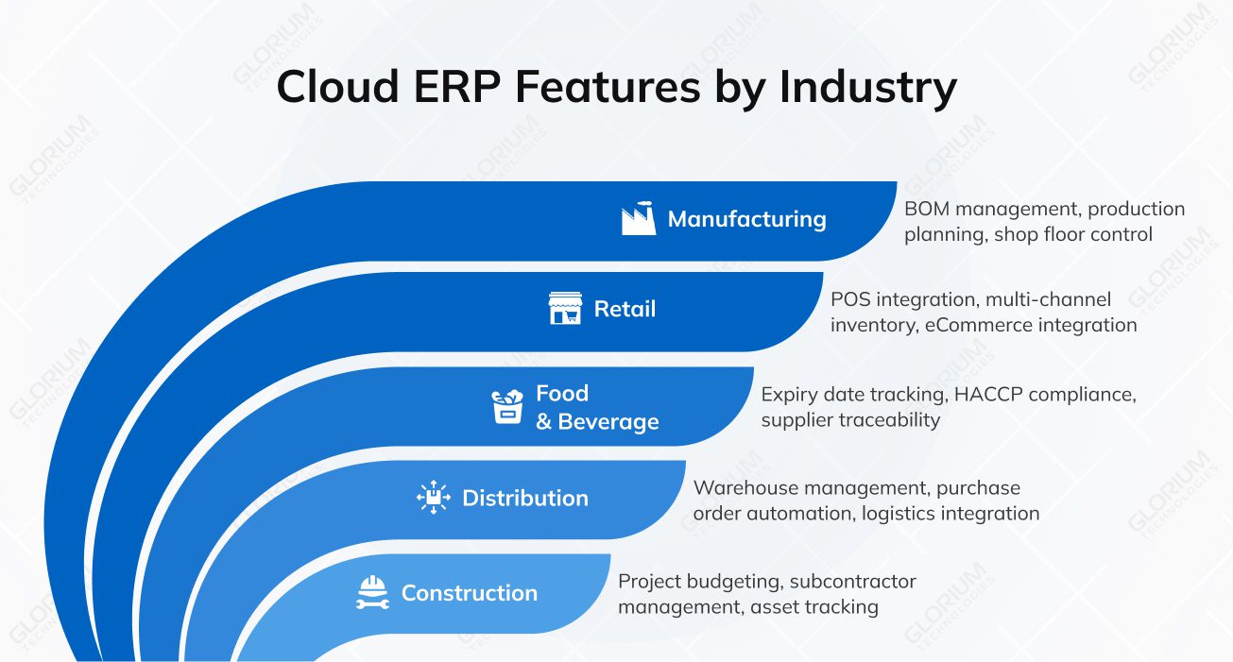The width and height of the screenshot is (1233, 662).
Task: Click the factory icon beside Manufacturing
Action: (x=639, y=218)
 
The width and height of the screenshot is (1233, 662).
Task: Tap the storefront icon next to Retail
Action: (x=565, y=309)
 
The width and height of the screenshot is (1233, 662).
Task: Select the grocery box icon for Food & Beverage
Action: (x=507, y=406)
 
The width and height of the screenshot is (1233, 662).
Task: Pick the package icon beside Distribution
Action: (x=434, y=498)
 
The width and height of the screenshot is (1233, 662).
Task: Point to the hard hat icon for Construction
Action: (x=372, y=592)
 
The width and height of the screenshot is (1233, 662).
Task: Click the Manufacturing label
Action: (x=746, y=219)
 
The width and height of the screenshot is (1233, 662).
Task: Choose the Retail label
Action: (x=625, y=309)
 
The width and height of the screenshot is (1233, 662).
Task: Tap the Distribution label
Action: (x=524, y=498)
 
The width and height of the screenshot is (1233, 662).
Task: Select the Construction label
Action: (x=469, y=593)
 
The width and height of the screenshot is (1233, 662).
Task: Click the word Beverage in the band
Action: (x=608, y=421)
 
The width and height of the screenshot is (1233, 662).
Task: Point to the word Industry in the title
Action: (x=867, y=87)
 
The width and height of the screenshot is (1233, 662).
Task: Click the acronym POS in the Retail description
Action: (x=850, y=299)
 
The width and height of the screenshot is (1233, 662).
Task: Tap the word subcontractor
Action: (x=853, y=581)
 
